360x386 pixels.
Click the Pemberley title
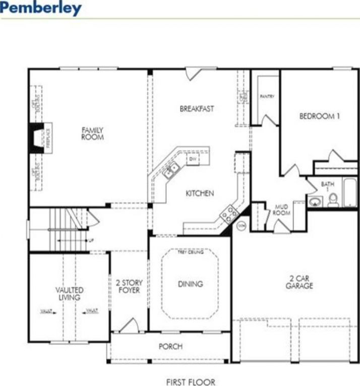(x=41, y=8)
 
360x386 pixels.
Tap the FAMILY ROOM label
(x=92, y=134)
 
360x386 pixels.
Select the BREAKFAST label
(x=197, y=108)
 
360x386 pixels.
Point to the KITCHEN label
(x=200, y=193)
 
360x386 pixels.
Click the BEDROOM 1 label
(x=320, y=116)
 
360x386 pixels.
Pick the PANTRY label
(x=267, y=96)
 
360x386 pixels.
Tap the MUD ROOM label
(x=280, y=210)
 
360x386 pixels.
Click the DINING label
(x=191, y=284)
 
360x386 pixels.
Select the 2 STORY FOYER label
(x=129, y=286)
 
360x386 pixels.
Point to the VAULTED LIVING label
(x=70, y=294)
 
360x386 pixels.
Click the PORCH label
(x=170, y=347)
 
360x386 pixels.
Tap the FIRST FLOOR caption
(x=191, y=382)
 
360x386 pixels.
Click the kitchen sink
(x=170, y=170)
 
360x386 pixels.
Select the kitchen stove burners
(x=229, y=213)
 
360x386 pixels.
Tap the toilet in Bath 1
(x=333, y=200)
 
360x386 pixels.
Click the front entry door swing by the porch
(x=129, y=325)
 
